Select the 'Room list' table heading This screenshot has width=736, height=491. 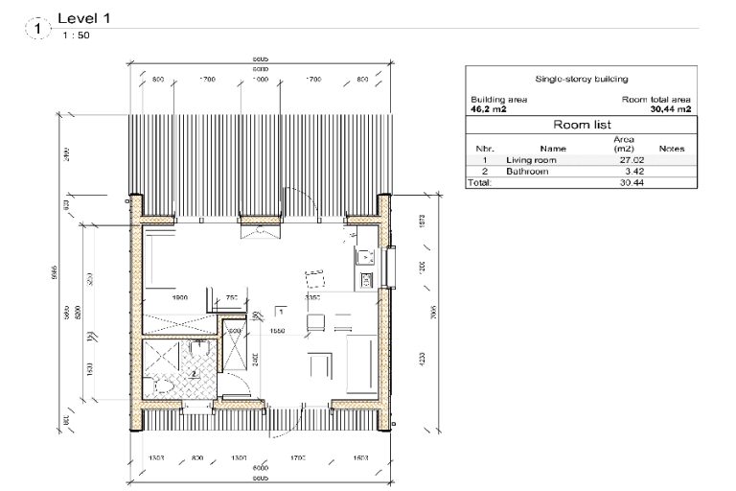point(580,125)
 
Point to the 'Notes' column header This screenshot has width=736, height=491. point(671,149)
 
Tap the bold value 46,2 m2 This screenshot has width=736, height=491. point(489,109)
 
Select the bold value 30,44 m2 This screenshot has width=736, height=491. point(671,109)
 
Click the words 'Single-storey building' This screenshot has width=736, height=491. point(580,80)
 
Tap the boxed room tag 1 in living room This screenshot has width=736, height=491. point(280,312)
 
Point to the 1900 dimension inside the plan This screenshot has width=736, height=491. point(178,297)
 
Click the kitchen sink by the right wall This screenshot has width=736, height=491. point(365,257)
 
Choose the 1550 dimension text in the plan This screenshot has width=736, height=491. point(279,330)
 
